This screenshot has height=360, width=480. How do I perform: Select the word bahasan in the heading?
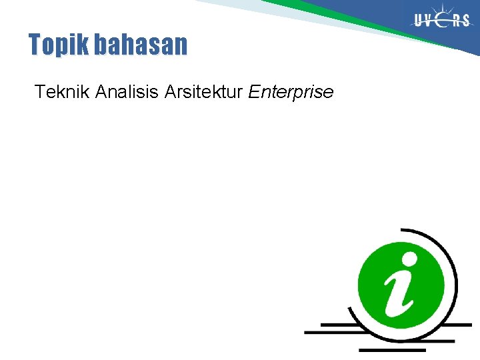tap(141, 45)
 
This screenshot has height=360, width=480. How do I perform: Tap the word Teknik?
tap(62, 92)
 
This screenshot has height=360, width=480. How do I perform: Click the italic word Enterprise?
tap(291, 93)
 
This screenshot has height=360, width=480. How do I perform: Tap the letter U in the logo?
tap(419, 21)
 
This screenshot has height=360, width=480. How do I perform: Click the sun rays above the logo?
tap(443, 8)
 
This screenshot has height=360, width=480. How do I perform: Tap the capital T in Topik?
tap(35, 45)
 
